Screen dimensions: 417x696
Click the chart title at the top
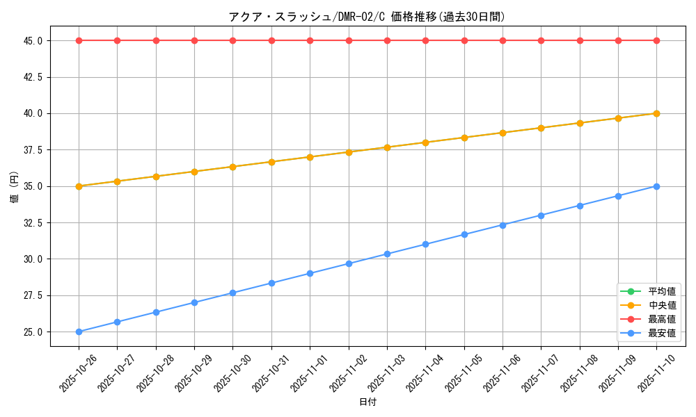(x=367, y=17)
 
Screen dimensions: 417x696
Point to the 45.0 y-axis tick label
(x=33, y=41)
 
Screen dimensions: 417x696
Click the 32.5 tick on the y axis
(x=33, y=223)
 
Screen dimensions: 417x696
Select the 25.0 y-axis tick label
(x=33, y=332)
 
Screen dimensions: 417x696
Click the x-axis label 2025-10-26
(x=78, y=369)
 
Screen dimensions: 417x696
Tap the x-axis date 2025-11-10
(x=656, y=369)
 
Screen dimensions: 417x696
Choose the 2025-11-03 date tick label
(x=386, y=369)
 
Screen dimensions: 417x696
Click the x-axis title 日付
(x=367, y=402)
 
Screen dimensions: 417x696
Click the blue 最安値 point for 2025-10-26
(x=79, y=332)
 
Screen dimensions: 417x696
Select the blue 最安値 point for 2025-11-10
(x=656, y=186)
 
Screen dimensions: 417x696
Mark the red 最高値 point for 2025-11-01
(x=310, y=40)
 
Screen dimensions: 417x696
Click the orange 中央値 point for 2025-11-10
(x=656, y=113)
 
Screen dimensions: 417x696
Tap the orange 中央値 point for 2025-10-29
(x=194, y=172)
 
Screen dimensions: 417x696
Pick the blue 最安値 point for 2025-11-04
(x=425, y=244)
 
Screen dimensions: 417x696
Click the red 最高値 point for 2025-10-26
(x=79, y=40)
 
